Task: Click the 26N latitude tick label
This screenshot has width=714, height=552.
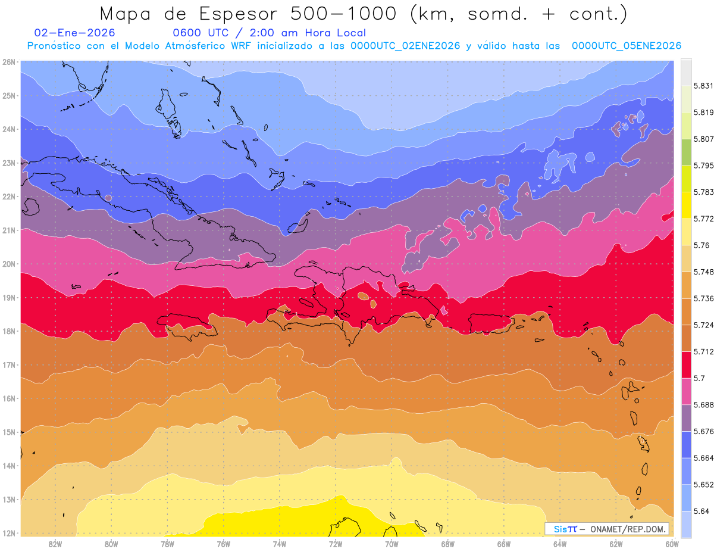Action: (x=9, y=62)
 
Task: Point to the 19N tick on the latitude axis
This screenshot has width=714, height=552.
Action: (x=9, y=298)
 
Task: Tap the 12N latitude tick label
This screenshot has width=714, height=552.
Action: (x=9, y=533)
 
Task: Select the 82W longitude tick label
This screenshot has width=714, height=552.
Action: (x=55, y=544)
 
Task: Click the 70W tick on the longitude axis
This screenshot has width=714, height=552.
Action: (x=392, y=544)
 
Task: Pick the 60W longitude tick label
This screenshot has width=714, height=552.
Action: (x=672, y=544)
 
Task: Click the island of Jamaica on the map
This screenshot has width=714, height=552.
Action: (x=185, y=324)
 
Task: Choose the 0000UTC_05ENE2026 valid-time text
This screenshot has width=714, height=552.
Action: (x=627, y=46)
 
